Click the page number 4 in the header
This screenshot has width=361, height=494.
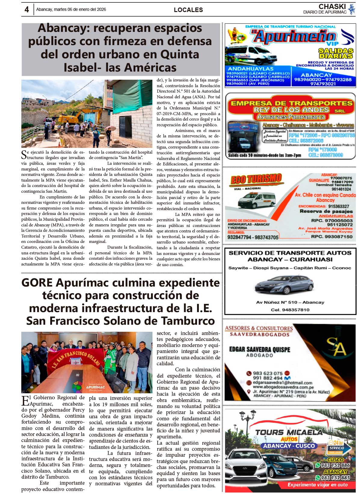coord(27,10)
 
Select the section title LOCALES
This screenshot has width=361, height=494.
coord(188,10)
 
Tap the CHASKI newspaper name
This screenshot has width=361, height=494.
coord(332,7)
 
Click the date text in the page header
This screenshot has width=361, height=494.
coord(71,10)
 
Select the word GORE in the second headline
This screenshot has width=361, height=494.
coord(37,283)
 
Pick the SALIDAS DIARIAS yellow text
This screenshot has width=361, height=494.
coord(336,53)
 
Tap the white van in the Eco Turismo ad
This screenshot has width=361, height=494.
coord(256,200)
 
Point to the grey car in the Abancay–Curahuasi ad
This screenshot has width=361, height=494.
coord(284,284)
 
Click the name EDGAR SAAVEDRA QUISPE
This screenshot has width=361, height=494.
coord(260,349)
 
